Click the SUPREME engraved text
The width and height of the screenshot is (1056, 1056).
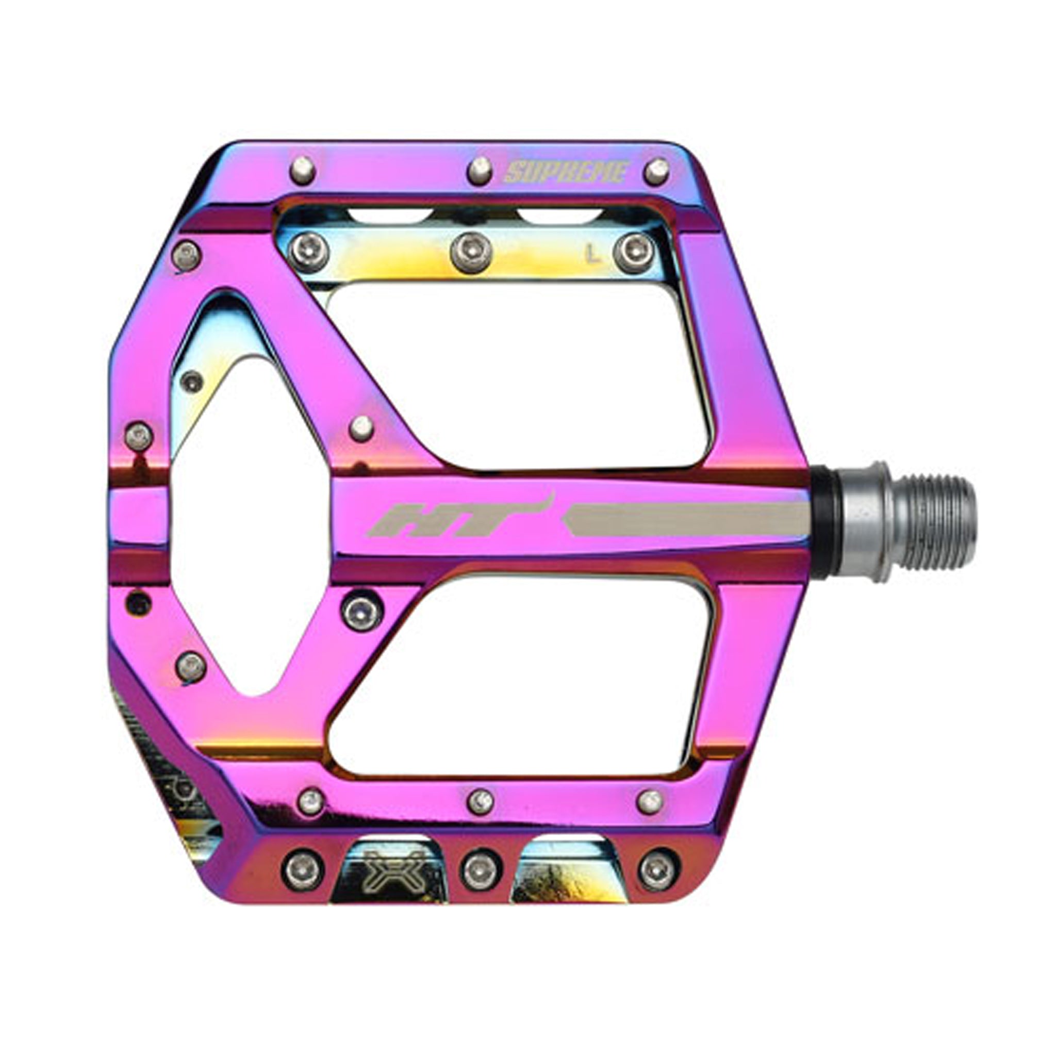(565, 173)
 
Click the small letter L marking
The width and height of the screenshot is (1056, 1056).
(590, 253)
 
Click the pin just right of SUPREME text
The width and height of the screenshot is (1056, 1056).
(656, 171)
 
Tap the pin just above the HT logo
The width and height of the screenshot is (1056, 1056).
(361, 428)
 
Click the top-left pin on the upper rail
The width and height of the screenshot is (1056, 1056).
(303, 170)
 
